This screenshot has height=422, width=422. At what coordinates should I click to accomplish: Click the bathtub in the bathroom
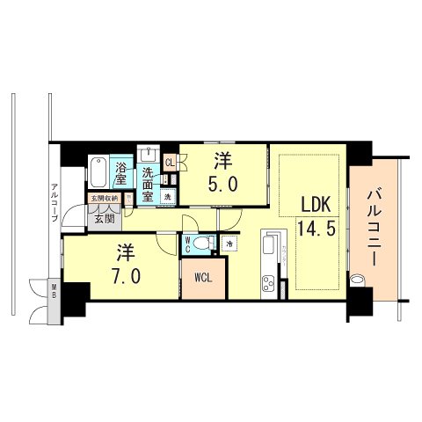(x=99, y=171)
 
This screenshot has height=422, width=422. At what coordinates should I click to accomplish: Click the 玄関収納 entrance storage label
(x=105, y=199)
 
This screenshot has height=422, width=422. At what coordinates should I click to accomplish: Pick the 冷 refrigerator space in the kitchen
(x=229, y=244)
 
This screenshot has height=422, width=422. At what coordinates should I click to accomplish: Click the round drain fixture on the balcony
(x=357, y=281)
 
